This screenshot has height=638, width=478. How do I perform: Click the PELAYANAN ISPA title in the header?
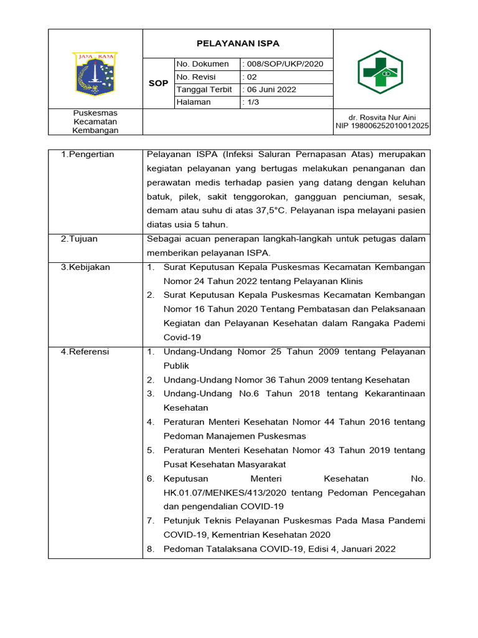click(x=238, y=44)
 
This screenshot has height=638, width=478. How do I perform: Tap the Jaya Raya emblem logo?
click(x=96, y=74)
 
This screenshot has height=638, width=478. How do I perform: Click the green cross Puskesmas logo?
click(x=380, y=72)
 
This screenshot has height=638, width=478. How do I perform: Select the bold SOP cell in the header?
click(x=158, y=83)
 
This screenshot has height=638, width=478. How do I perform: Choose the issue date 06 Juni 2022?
click(x=269, y=90)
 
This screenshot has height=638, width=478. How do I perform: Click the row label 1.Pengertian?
click(x=87, y=155)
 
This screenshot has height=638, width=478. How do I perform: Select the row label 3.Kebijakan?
click(x=85, y=267)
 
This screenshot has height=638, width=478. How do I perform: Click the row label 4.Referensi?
click(x=85, y=351)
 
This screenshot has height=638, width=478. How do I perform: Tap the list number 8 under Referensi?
click(x=151, y=549)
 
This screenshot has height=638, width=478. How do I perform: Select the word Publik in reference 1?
click(x=176, y=366)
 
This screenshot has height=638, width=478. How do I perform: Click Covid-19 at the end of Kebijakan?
click(x=182, y=337)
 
